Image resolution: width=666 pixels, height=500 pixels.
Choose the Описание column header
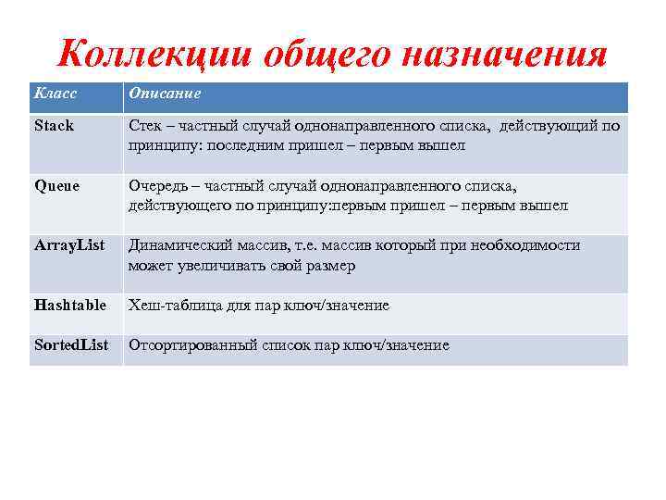pos(165,94)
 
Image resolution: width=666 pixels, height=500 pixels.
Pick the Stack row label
pos(54,125)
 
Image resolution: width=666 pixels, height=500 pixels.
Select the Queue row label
pos(56,185)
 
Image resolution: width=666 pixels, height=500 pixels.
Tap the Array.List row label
pos(69,245)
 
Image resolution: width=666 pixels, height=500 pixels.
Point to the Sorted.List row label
pos(71,345)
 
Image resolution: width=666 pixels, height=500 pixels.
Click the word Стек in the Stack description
pos(145,125)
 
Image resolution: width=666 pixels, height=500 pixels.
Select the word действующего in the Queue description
pos(172,206)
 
